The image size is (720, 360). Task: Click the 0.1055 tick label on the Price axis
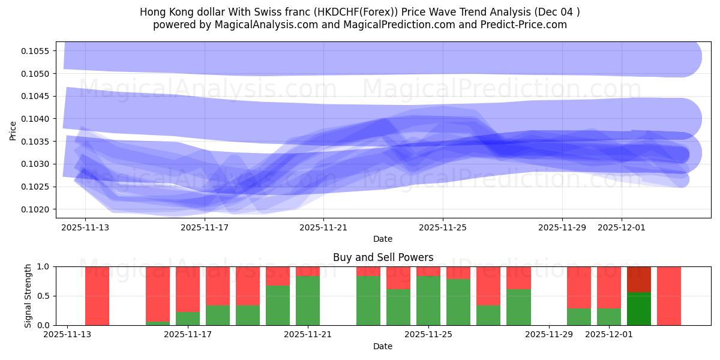coord(37,51)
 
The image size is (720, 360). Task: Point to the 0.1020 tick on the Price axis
coord(37,209)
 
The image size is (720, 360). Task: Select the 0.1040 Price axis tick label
coord(37,119)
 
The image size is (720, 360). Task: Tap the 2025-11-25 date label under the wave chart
coord(443,227)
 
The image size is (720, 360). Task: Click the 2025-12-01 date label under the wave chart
coord(622,227)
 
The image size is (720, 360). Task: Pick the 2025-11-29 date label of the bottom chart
coord(549,335)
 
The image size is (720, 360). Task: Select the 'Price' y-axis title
coord(13,130)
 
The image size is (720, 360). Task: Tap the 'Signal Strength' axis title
coord(28,296)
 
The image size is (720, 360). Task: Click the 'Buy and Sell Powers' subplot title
coord(383,257)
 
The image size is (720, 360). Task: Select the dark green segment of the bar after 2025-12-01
coord(639,308)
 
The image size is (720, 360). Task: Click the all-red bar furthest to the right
coord(669,296)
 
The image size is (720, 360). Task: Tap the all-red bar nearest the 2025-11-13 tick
coord(97,296)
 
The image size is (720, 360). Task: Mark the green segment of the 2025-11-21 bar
coord(308,301)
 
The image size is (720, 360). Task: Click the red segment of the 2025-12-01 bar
coord(609,287)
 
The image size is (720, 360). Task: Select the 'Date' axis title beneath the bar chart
coord(383,346)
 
